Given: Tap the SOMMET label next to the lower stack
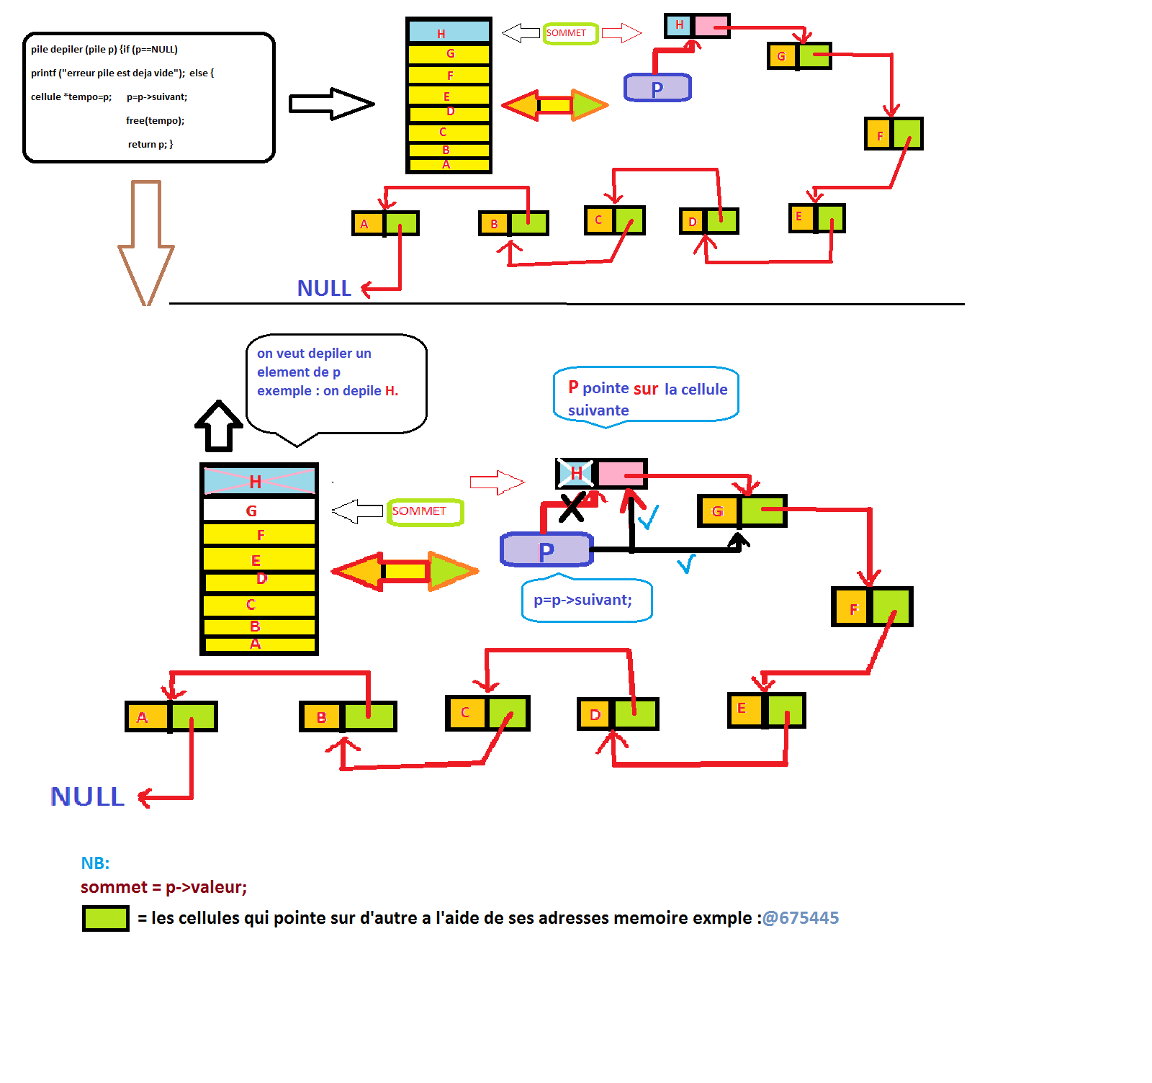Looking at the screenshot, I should point(425,511).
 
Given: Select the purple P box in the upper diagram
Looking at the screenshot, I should point(657,88).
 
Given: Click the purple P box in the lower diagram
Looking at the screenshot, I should point(546,550).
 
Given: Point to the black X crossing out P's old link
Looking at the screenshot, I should point(572,508).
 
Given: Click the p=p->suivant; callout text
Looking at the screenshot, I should point(582,600).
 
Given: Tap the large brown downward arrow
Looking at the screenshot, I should point(146,245).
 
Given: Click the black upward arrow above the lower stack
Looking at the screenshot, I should point(218,426).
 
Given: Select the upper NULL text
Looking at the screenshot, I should point(324,289).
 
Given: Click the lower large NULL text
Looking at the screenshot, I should point(87,796).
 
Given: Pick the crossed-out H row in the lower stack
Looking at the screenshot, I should point(259,481).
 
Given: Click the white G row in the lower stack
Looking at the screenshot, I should point(259,511).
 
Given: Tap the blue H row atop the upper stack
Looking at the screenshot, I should point(448,32).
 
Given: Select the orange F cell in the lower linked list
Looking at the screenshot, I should point(852,608).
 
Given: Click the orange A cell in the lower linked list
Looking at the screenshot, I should point(147,717).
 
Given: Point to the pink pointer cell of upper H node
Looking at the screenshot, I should point(711,27).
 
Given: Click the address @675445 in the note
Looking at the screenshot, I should point(800,918).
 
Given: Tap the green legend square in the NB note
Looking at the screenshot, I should point(106,919).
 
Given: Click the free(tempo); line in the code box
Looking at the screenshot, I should point(155,120).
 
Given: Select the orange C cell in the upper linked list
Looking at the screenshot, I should point(598,220).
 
